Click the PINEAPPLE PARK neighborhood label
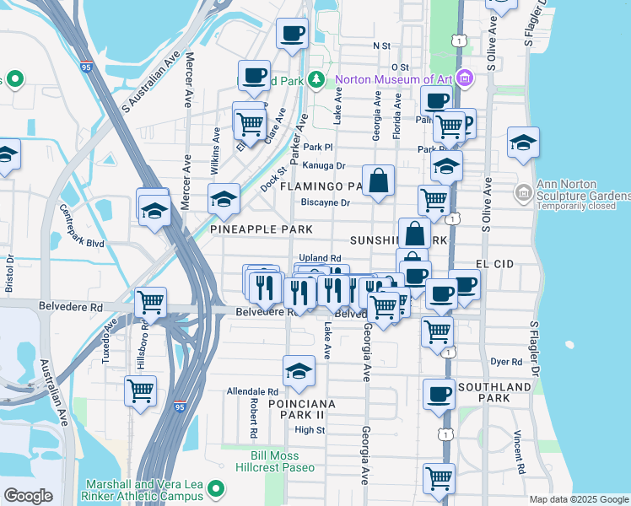(x=262, y=229)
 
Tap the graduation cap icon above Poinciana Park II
(x=299, y=370)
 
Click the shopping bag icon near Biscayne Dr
(x=379, y=180)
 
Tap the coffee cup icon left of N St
(x=293, y=34)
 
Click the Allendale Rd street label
(x=252, y=392)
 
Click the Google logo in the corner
(x=28, y=495)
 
